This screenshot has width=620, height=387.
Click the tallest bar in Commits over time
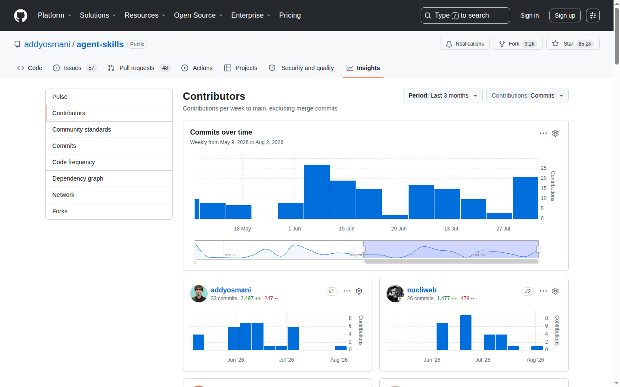(x=316, y=192)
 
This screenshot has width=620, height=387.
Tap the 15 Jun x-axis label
(x=347, y=229)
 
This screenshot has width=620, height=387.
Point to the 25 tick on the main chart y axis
(x=544, y=168)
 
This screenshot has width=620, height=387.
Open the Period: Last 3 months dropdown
(x=443, y=95)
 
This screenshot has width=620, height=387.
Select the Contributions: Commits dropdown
(x=527, y=95)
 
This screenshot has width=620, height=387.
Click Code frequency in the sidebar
(x=73, y=162)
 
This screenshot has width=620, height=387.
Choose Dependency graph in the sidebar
(x=78, y=178)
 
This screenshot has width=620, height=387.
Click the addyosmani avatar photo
(x=199, y=294)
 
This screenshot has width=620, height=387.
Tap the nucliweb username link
(x=422, y=290)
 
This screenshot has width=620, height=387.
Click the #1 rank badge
(x=332, y=292)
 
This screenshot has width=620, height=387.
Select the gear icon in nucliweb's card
(x=555, y=291)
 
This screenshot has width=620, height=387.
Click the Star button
(x=573, y=44)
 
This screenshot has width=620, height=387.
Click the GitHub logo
(x=21, y=15)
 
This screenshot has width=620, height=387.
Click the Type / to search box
(x=465, y=15)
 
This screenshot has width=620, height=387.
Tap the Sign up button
(x=564, y=15)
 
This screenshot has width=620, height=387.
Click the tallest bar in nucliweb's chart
(x=465, y=332)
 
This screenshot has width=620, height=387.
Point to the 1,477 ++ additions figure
(x=447, y=298)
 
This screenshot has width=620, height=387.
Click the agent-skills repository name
(x=100, y=44)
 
